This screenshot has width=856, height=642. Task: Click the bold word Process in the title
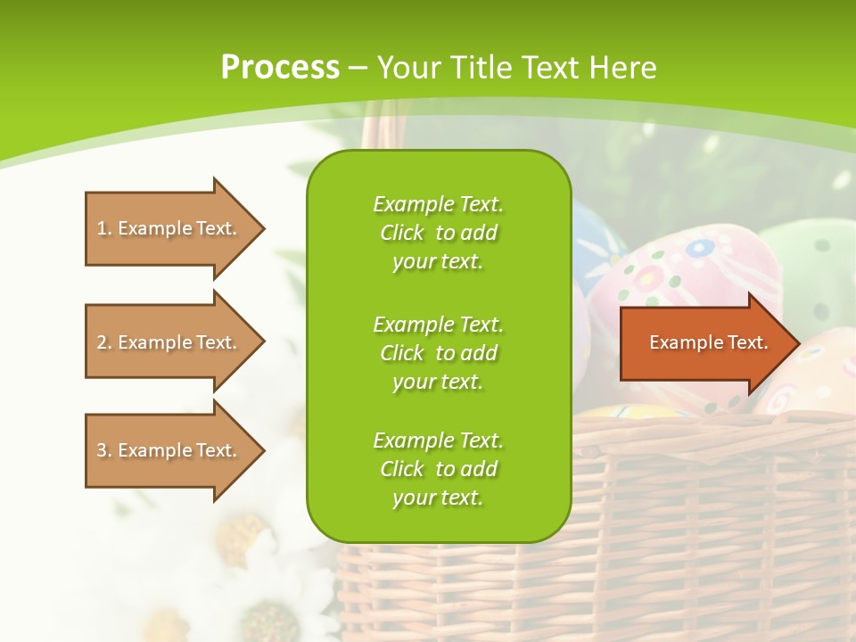[x=280, y=68]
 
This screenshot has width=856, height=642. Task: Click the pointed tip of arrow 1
[x=261, y=228]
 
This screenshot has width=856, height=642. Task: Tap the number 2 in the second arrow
[x=102, y=342]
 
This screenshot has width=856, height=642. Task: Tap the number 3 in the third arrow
[x=102, y=450]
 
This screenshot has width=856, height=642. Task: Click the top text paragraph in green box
[x=438, y=233]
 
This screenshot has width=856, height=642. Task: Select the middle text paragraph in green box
[x=438, y=353]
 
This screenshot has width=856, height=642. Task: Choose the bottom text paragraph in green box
[x=438, y=469]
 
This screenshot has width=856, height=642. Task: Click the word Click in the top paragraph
[x=402, y=233]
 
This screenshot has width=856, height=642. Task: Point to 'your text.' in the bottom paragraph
[x=438, y=498]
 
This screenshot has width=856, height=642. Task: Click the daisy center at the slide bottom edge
[x=271, y=621]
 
